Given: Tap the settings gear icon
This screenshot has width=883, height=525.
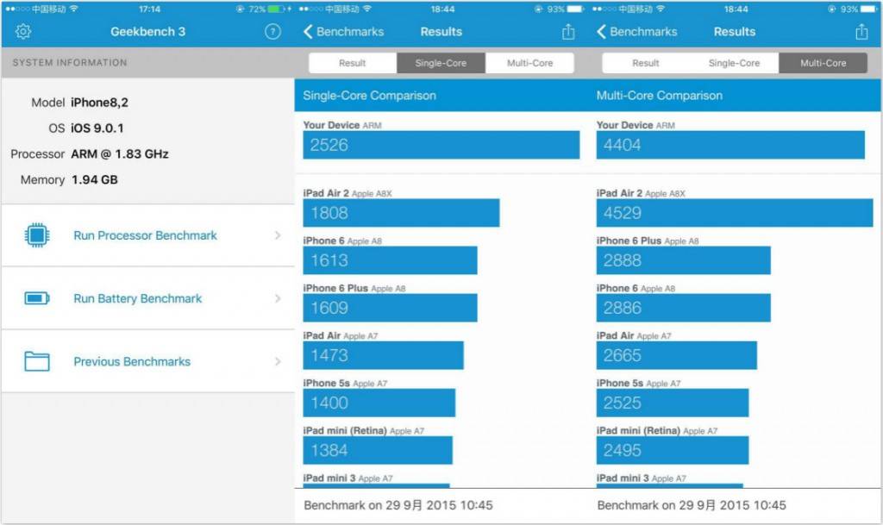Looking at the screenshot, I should point(23,32).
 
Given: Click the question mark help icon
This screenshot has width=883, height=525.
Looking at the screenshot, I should point(272,32).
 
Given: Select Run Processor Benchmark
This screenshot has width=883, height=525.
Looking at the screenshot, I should point(145,235).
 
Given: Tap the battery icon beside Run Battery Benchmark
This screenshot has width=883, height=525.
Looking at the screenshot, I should point(37,298).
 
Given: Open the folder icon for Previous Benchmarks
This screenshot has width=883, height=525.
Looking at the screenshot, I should point(37,361).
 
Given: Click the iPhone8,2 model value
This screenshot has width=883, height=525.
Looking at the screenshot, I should point(99,103).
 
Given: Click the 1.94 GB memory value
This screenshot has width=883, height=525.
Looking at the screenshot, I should point(94,180).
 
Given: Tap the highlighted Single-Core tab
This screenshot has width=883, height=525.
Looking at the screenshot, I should point(441,63).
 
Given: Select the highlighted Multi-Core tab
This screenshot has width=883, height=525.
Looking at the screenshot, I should point(823,63).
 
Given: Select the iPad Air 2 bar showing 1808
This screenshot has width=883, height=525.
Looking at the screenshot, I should point(401,213).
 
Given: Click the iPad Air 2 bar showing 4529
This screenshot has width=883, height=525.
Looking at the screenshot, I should point(734,213).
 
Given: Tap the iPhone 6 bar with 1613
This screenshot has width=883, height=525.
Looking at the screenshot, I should point(390,260).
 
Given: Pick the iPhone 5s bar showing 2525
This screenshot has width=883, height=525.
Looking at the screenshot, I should point(672,403).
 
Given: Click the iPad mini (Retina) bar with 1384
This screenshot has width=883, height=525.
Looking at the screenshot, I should point(377,450).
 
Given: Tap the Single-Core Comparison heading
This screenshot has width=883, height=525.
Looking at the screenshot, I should point(369,96).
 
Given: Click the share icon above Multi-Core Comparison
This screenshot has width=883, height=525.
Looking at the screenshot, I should point(861,32).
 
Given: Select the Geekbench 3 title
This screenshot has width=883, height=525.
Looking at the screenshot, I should point(147,32).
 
